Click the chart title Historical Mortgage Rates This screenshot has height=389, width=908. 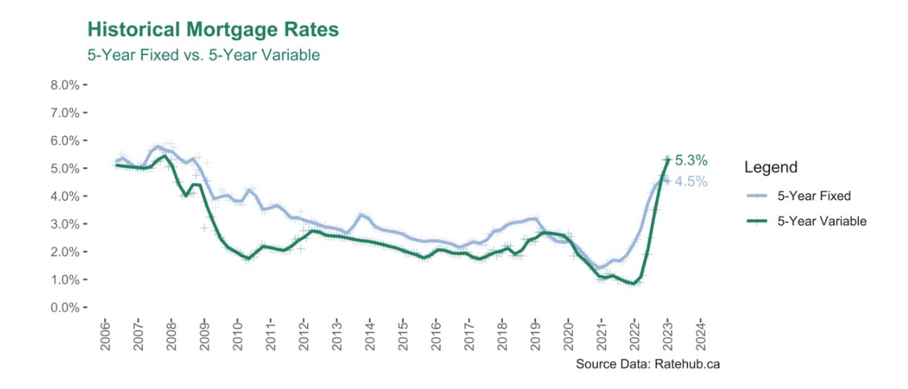coord(213,30)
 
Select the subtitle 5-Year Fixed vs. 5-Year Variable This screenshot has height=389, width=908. coord(203,55)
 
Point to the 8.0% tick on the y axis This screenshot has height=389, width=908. coord(66,85)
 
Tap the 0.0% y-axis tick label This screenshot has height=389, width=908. coord(66,308)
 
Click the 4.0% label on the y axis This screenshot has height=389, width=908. coord(66,197)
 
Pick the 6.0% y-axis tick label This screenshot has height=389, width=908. coord(66,141)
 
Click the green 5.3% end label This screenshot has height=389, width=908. coord(690,160)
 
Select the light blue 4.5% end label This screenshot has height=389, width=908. coord(690,182)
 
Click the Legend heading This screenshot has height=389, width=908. coord(771,168)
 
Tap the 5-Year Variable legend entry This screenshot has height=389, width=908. coord(821,221)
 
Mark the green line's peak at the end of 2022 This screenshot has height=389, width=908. coord(667,160)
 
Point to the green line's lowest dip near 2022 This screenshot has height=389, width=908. coord(633,284)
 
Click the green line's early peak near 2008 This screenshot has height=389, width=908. coord(164,156)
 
